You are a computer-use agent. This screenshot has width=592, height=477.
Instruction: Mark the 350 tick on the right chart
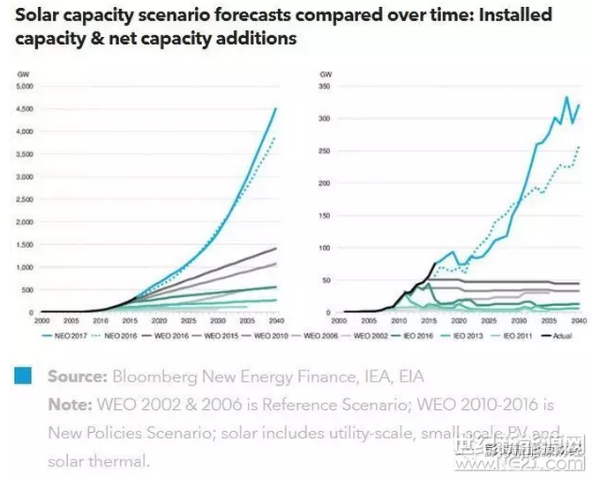pyautogui.click(x=327, y=86)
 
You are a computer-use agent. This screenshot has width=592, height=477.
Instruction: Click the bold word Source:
pyautogui.click(x=76, y=377)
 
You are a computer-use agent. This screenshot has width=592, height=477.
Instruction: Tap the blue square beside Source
pyautogui.click(x=25, y=376)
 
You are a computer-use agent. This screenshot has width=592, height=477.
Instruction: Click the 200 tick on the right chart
pyautogui.click(x=327, y=183)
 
